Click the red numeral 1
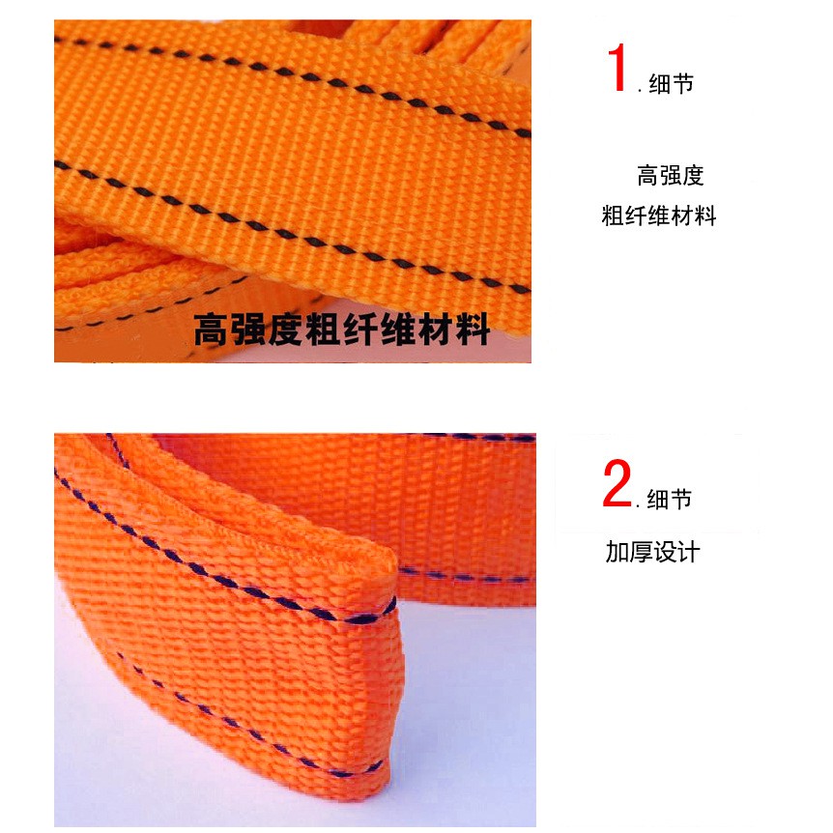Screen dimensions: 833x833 click(x=618, y=68)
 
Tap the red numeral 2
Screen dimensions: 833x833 click(x=617, y=483)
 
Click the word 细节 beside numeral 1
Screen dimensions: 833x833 click(x=671, y=84)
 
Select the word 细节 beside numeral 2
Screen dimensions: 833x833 click(x=670, y=500)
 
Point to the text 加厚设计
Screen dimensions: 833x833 click(x=653, y=552)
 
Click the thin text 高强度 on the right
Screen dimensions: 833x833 click(x=671, y=175)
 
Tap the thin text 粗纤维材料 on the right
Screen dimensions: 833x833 click(x=659, y=215)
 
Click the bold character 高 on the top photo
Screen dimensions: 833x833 click(x=212, y=330)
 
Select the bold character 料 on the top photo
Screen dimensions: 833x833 click(x=473, y=330)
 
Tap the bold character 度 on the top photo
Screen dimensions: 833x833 click(x=286, y=330)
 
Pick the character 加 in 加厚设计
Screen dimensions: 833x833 click(x=618, y=552)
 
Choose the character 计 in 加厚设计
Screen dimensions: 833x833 click(x=688, y=552)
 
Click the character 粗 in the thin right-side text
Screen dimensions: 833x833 click(x=613, y=215)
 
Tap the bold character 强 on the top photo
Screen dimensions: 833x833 click(x=248, y=330)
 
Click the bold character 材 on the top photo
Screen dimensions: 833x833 click(x=436, y=330)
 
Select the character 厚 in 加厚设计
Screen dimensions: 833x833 click(x=642, y=552)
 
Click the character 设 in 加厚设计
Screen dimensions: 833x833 click(x=665, y=552)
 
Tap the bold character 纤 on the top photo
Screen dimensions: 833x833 click(x=361, y=330)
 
